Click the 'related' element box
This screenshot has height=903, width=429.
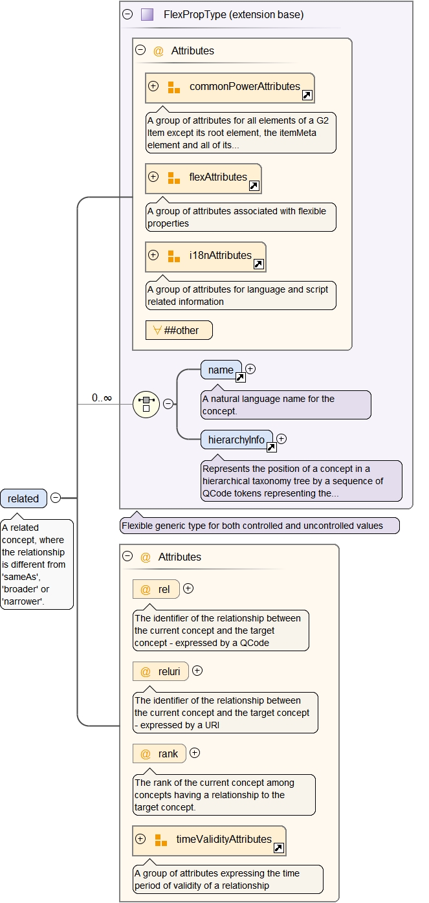tap(23, 498)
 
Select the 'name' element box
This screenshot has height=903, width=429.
tap(221, 370)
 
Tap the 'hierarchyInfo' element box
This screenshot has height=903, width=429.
tap(236, 440)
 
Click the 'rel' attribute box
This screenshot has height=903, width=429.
tap(155, 589)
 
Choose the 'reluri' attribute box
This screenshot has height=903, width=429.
tap(160, 671)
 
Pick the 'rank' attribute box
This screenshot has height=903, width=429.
tap(159, 753)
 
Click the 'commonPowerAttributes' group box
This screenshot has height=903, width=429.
tap(230, 87)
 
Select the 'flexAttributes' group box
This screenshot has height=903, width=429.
tap(203, 178)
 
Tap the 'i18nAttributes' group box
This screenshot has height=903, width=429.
tap(206, 256)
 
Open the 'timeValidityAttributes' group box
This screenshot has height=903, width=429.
tap(209, 840)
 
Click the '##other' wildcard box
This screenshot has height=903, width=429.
tap(179, 330)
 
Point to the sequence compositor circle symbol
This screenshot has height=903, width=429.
tap(146, 404)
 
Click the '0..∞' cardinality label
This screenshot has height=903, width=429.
tap(102, 398)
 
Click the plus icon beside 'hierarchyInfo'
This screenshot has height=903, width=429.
tap(281, 439)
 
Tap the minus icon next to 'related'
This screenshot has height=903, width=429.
tap(56, 498)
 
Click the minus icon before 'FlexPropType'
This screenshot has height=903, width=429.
tap(127, 14)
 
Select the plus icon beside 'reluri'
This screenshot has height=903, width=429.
tap(197, 671)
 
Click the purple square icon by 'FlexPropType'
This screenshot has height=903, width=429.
tap(147, 14)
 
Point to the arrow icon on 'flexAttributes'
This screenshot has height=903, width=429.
tap(254, 186)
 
